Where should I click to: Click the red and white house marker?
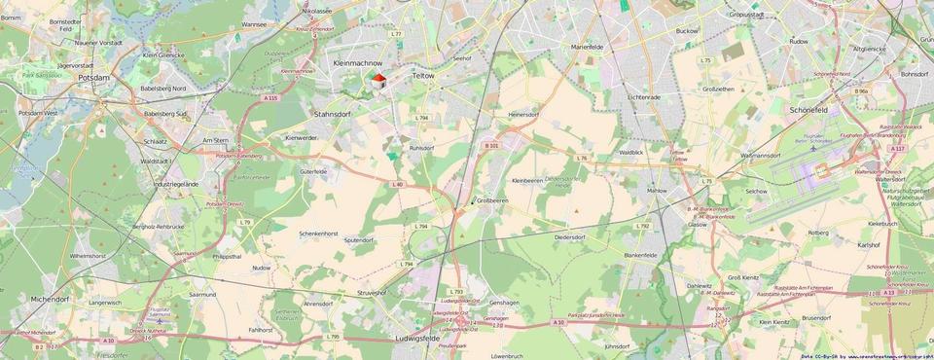pos(377,82)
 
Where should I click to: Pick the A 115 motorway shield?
pos(270,97)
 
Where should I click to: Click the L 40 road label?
pos(397,184)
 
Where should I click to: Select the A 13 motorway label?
pos(889,291)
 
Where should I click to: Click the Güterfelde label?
pos(314,170)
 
